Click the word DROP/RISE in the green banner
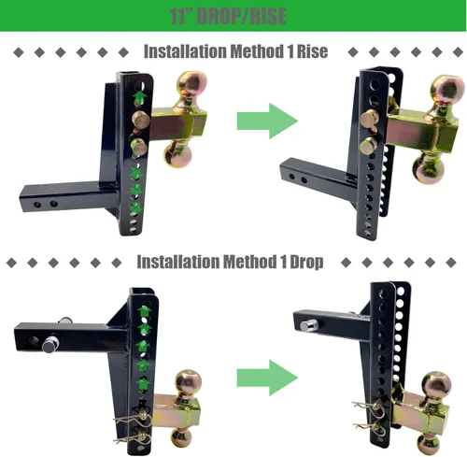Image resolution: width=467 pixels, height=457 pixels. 242,16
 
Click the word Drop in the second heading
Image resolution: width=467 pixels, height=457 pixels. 306,262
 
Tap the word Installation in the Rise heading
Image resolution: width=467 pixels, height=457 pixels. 185,51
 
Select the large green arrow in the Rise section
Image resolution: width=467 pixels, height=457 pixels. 267,121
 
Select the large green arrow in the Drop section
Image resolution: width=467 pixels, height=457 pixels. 267,378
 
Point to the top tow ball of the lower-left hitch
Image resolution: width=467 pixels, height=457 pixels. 189,383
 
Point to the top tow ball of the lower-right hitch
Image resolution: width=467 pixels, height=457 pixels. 437,386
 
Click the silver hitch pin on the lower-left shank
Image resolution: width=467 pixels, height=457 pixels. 50,345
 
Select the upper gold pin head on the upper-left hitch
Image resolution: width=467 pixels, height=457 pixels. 141,119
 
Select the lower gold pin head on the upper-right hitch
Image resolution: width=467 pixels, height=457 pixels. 368,146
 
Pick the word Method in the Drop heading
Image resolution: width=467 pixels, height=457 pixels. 249,262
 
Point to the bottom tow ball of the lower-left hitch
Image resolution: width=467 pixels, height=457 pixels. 182,439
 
